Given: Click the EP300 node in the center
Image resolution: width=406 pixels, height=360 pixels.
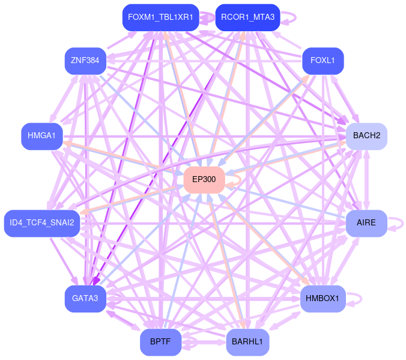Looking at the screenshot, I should [204, 180].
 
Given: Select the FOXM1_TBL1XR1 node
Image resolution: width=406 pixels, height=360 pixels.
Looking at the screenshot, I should [160, 17].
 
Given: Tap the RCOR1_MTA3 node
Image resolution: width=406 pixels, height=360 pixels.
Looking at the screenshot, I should [247, 17].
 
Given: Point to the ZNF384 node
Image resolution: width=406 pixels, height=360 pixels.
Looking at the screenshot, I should [85, 60].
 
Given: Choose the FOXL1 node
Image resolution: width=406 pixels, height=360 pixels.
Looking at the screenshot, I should [323, 60].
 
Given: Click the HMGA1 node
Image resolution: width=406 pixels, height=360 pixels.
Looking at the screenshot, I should [41, 136].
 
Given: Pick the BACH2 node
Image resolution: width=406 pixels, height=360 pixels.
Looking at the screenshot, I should [366, 136].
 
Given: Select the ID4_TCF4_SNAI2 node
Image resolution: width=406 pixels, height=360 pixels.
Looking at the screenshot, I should [41, 223].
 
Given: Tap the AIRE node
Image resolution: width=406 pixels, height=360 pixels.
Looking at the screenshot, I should [366, 223].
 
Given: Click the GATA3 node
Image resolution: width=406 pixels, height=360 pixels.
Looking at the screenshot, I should [85, 299].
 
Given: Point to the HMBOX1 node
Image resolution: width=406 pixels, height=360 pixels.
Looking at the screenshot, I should [323, 299].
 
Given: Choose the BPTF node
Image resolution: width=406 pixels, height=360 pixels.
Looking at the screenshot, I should [160, 342].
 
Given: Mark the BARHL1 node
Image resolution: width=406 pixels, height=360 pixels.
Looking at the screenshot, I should [247, 342].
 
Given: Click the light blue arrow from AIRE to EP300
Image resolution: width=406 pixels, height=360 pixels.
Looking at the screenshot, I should [288, 203].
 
